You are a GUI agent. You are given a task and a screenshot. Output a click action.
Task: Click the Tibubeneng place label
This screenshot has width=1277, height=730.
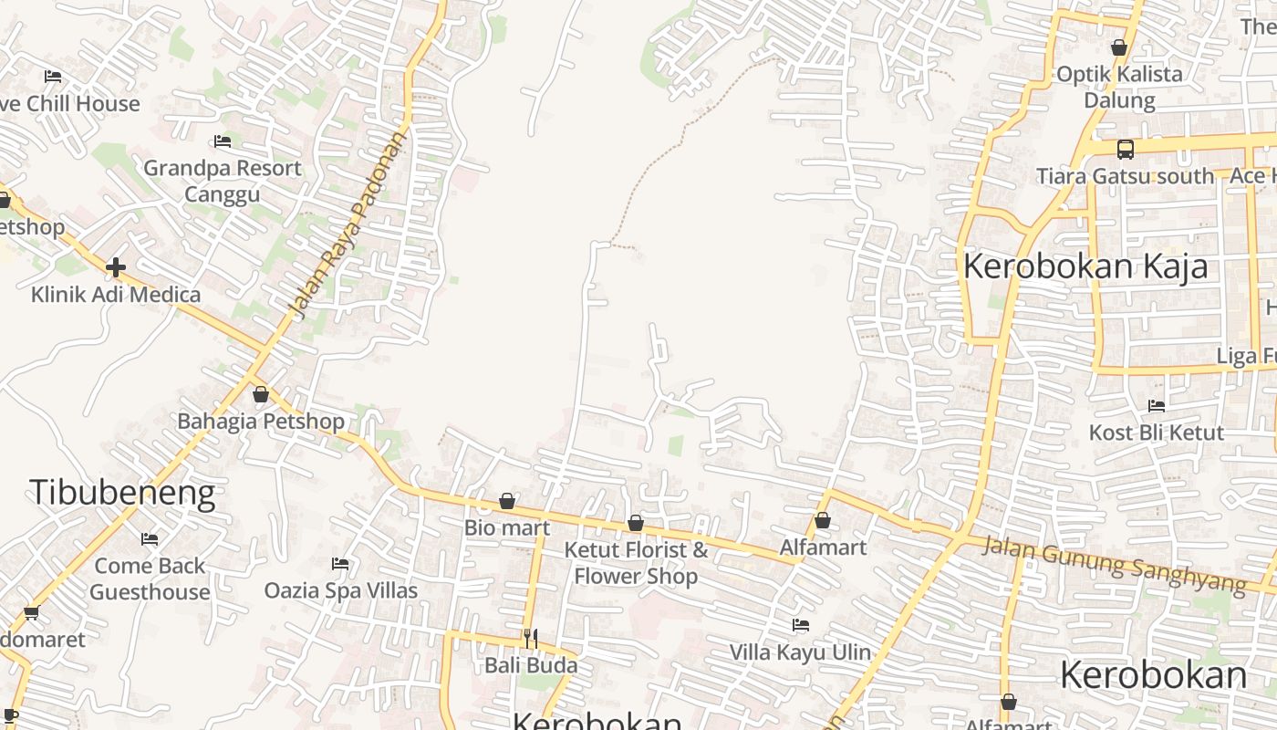tap(122, 493)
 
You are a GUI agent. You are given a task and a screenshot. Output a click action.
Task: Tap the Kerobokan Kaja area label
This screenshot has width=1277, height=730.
tap(1085, 266)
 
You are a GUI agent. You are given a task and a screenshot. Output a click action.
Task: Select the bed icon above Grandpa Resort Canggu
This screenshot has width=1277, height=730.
tap(222, 141)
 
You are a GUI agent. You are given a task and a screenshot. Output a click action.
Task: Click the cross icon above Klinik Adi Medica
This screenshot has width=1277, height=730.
tap(115, 267)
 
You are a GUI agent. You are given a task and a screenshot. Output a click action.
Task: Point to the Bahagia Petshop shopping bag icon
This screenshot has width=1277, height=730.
tap(261, 395)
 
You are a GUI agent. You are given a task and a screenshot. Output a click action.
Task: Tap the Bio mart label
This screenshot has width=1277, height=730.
tap(507, 527)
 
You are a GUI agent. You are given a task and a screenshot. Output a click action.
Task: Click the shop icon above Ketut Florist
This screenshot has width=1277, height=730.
tap(636, 524)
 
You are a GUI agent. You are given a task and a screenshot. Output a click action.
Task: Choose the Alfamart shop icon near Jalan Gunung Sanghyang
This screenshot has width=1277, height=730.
tap(823, 521)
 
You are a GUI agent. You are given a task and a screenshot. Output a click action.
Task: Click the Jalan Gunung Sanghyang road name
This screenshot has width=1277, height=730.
tap(1114, 566)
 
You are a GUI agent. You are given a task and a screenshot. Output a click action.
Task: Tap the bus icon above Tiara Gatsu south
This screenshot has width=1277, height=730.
tap(1126, 150)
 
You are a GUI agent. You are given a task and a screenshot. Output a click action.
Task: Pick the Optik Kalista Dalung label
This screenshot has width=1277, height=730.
tap(1119, 87)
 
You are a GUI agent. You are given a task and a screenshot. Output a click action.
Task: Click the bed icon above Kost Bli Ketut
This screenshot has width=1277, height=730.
tap(1157, 406)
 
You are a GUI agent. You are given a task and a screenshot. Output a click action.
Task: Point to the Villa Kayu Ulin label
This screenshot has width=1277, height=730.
tap(800, 652)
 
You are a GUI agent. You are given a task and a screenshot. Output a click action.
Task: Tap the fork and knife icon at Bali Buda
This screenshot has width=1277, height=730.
tap(531, 638)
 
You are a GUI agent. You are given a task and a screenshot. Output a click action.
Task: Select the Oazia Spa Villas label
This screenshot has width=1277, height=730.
tap(341, 590)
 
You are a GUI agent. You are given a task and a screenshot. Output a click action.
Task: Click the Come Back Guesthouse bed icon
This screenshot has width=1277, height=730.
tap(150, 539)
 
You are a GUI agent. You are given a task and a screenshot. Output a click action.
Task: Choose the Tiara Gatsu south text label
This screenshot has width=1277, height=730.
tap(1125, 176)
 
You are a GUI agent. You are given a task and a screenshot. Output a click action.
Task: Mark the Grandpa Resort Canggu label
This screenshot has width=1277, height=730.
tap(223, 181)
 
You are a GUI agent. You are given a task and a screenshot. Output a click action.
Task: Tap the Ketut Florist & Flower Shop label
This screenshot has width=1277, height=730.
tap(636, 563)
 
